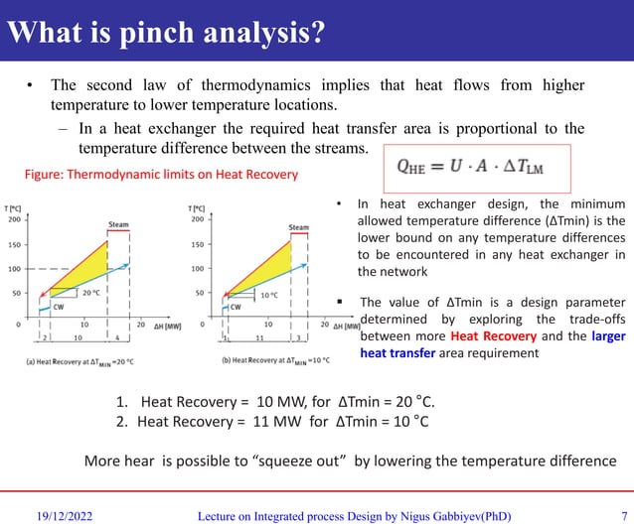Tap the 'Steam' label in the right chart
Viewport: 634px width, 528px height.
click(x=299, y=227)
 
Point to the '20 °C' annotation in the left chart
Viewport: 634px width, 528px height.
click(x=90, y=293)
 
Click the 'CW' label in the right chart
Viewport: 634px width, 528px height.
click(x=236, y=307)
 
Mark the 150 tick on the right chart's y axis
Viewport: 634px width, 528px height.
click(x=198, y=244)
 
